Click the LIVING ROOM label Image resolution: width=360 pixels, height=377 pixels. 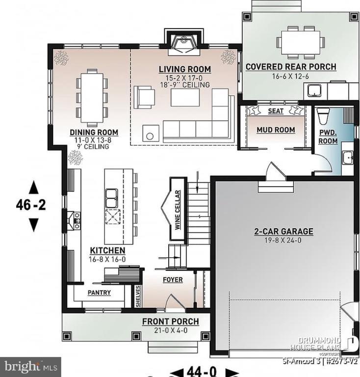[x=185, y=69]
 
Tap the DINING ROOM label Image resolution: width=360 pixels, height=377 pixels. [x=94, y=132]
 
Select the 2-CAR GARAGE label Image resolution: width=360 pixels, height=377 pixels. [x=283, y=232]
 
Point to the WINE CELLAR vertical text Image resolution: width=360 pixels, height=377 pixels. [x=177, y=210]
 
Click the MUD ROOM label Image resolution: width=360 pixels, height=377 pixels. [x=276, y=130]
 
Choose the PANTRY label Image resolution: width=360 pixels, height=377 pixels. [x=99, y=293]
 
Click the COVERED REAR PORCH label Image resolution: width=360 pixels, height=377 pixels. [x=291, y=67]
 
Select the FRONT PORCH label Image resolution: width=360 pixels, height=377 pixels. [x=170, y=322]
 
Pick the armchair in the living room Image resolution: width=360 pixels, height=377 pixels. [x=144, y=96]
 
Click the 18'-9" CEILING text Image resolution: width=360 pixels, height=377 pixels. [x=185, y=85]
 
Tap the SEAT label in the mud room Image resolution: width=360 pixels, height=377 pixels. [x=276, y=111]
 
